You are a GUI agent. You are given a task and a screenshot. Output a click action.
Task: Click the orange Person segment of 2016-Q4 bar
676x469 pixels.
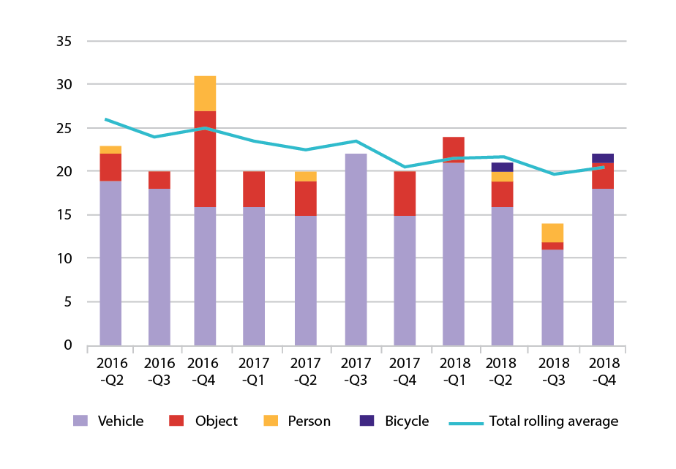205,93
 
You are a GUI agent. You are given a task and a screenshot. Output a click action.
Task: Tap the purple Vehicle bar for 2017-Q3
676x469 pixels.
355,249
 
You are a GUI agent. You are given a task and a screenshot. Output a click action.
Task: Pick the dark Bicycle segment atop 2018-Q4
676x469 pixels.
602,158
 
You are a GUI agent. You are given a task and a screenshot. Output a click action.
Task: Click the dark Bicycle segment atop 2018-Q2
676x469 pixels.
502,167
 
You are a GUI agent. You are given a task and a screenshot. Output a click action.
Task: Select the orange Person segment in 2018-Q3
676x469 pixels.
552,233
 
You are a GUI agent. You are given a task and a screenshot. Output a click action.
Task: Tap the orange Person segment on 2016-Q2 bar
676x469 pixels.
110,149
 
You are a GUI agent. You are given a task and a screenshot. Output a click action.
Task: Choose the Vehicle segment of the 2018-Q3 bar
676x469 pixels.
552,297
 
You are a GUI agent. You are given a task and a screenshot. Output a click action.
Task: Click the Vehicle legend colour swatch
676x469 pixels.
80,421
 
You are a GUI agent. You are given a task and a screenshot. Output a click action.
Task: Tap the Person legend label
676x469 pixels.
309,421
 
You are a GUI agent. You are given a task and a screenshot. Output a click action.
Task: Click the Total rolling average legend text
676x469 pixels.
553,421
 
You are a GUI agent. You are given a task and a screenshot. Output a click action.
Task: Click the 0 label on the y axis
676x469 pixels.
67,345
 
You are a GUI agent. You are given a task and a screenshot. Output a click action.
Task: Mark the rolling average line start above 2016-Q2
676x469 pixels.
107,119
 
